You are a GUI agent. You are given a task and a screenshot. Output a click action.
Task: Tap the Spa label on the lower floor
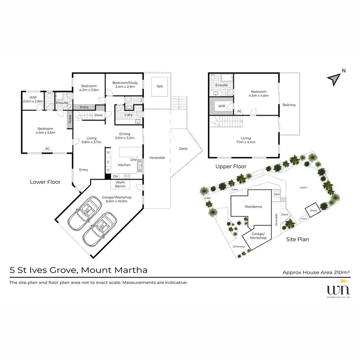coord(159,86)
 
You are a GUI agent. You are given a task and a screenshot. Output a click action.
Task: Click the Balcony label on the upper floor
coord(289,105)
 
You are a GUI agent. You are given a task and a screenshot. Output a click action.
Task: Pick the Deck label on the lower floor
coord(183,148)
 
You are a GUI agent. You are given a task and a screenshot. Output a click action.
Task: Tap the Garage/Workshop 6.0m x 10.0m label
coord(117,199)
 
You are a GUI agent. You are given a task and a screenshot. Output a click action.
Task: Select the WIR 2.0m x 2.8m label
coord(33,99)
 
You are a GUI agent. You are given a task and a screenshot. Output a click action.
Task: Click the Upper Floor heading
coord(231,167)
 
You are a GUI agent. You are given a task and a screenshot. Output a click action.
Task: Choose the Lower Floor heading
coord(45,182)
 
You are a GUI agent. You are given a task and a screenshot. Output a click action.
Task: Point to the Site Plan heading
coord(297,239)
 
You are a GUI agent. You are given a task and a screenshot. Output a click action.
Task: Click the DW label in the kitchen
coord(133,160)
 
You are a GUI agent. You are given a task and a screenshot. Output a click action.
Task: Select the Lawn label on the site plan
coord(303,188)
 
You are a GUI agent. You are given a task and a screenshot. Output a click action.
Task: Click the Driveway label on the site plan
coord(239,246)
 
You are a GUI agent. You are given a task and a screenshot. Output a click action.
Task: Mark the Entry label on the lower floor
coord(84,169)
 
